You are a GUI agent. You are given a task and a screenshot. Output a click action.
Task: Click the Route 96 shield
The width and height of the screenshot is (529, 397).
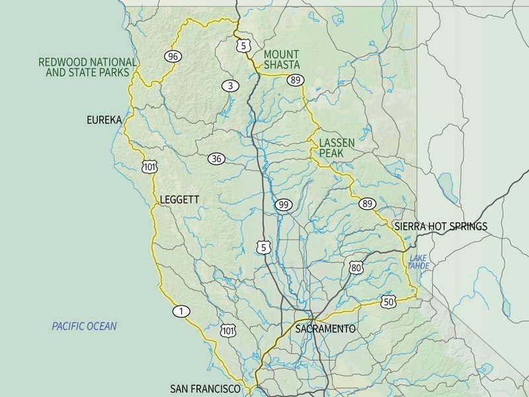click(173, 56)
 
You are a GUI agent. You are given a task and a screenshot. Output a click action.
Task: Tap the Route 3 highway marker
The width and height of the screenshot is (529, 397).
click(229, 85)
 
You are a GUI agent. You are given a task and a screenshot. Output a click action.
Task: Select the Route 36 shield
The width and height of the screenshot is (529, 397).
click(216, 158)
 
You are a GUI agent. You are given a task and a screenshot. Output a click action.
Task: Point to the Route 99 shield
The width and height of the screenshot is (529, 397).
click(284, 204)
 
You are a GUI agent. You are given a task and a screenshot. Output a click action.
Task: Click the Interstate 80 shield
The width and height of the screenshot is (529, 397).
click(356, 267)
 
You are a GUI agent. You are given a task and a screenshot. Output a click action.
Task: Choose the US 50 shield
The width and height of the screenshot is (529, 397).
click(388, 302)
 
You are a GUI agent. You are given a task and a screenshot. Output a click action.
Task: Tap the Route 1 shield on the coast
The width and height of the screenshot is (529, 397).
click(181, 311)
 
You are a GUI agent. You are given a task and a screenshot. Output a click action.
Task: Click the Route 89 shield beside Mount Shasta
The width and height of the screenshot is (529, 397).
click(296, 79)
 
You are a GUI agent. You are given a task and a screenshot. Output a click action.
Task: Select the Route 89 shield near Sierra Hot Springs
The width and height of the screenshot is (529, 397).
click(367, 204)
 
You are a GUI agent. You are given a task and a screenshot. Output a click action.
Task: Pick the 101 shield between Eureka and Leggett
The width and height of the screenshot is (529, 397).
click(149, 166)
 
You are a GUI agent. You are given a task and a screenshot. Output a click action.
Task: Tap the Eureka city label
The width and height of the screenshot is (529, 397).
click(104, 120)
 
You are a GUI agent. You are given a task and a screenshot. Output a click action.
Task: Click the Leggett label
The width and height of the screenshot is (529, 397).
click(179, 199)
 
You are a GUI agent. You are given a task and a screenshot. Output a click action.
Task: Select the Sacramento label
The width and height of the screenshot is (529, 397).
click(325, 329)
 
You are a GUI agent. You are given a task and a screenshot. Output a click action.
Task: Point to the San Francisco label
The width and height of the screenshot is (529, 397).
click(205, 389)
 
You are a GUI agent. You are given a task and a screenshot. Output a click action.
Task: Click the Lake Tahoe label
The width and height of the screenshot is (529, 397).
click(419, 261)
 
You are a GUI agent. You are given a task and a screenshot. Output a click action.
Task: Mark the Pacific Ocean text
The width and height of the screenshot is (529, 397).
click(84, 326)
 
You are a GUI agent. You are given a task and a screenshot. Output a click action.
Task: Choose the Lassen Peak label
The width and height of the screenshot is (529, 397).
click(337, 148)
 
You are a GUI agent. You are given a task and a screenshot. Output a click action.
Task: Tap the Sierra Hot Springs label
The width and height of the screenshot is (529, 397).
click(440, 226)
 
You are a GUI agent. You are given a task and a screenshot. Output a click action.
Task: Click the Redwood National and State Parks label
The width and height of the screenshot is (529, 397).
click(87, 67)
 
